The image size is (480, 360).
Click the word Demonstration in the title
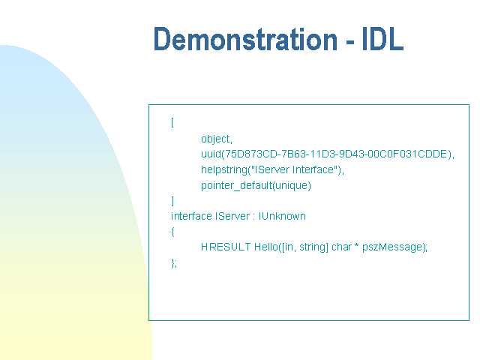[245, 39]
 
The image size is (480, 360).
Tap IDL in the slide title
[382, 39]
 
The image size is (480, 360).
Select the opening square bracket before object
[172, 123]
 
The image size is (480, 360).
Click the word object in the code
[215, 139]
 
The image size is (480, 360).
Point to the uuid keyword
[211, 154]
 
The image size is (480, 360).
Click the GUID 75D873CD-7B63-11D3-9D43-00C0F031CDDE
[336, 154]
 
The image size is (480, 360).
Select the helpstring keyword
[224, 169]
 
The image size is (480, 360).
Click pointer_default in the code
[236, 185]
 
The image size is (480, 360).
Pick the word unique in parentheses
[292, 185]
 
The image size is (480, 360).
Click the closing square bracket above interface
[172, 201]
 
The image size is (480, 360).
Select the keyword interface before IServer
[191, 216]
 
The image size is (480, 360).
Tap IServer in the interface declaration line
[232, 216]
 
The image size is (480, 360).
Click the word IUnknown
[282, 216]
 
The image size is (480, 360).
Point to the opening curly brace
[172, 232]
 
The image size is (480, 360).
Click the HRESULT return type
[226, 247]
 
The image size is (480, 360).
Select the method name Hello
[266, 247]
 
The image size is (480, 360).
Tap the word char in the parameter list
[341, 247]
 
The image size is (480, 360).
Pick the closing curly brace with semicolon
[174, 263]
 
